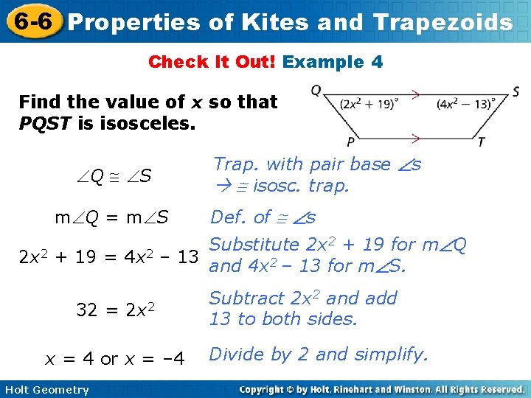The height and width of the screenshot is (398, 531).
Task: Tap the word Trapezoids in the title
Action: click(443, 22)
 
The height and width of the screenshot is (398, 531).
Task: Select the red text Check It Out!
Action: click(212, 62)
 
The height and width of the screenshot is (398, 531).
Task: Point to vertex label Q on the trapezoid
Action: click(316, 91)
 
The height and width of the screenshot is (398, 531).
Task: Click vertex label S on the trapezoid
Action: click(516, 92)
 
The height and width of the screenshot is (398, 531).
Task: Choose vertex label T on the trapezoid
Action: click(480, 142)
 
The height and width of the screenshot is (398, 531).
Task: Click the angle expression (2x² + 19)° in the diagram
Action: click(369, 104)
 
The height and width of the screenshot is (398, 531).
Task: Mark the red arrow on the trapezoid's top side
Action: click(416, 94)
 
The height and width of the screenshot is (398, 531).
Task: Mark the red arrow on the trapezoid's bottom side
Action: click(416, 137)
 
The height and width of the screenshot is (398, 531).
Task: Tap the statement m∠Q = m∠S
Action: click(112, 217)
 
